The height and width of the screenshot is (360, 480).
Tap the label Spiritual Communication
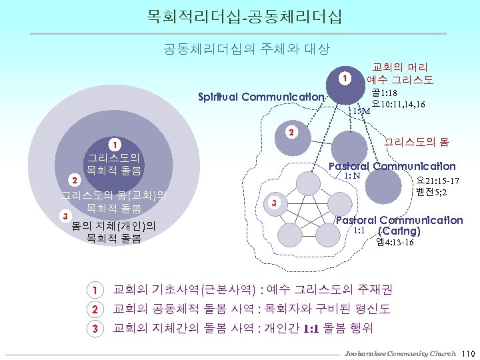click(x=261, y=97)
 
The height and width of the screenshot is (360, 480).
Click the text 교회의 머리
click(x=400, y=67)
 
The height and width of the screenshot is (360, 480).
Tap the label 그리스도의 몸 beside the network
click(x=417, y=143)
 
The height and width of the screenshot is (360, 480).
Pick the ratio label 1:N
click(x=353, y=175)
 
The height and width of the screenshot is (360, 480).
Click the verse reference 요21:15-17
click(x=437, y=181)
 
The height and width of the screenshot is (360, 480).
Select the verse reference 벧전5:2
click(x=430, y=193)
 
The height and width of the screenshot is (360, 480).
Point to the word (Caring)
click(x=399, y=231)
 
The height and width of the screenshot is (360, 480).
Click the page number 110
click(x=466, y=352)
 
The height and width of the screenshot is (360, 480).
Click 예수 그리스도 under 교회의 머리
click(x=400, y=80)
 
